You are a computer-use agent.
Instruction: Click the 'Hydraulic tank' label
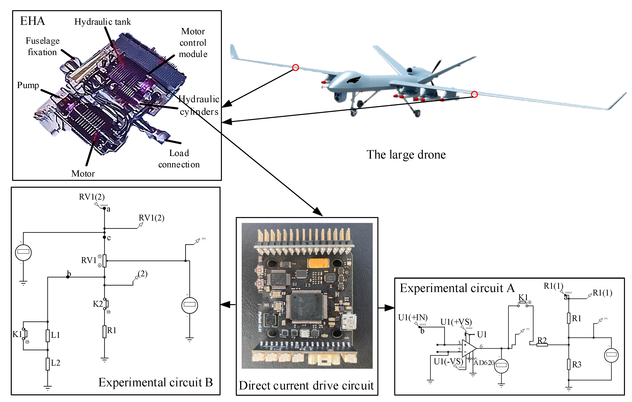click(x=102, y=22)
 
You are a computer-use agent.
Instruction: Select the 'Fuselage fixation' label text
click(x=42, y=46)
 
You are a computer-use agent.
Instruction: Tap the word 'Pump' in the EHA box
click(x=28, y=85)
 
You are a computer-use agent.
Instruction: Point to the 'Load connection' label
click(x=179, y=159)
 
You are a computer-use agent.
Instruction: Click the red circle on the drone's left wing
click(x=296, y=68)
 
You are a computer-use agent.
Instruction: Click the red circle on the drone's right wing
click(x=474, y=94)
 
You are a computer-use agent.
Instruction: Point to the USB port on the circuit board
click(x=349, y=322)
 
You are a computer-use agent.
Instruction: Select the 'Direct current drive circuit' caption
click(x=306, y=386)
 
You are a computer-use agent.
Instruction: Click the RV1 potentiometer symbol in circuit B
click(x=104, y=261)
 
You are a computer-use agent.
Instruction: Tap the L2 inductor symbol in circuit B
click(x=48, y=364)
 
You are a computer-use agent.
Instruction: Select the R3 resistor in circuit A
click(x=569, y=364)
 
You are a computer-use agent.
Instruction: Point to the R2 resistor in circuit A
click(x=542, y=345)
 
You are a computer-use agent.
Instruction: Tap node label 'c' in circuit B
click(x=109, y=238)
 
